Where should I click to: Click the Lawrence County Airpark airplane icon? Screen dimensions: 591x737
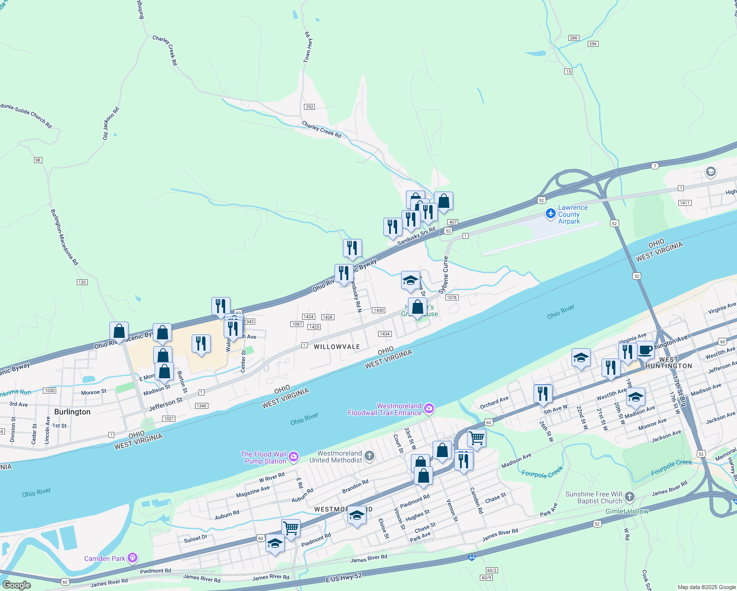point(551,214)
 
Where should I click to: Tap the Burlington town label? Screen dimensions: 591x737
point(72,412)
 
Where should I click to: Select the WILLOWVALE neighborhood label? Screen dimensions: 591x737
point(337,347)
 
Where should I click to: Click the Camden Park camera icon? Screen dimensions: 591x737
point(132,558)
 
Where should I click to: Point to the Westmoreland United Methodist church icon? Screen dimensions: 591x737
point(369,456)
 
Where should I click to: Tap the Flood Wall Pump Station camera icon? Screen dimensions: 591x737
point(294,457)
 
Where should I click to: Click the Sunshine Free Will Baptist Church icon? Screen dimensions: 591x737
point(630,497)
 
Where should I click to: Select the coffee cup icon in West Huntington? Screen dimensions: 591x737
point(645,351)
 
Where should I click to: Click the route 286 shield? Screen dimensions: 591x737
point(573,38)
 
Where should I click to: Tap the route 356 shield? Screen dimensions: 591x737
point(593,44)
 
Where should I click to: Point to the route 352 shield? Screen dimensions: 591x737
point(309,107)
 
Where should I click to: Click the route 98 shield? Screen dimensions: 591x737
point(38,160)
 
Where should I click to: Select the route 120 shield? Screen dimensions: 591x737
point(82,282)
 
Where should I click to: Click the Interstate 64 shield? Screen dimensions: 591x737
point(471,558)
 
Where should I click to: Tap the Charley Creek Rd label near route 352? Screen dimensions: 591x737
point(321,130)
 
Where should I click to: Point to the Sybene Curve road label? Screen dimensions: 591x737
point(444,274)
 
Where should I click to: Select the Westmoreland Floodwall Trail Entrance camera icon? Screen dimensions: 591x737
point(429,408)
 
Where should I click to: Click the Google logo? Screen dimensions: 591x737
point(16,585)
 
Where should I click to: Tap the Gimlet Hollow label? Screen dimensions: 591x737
point(627,511)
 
